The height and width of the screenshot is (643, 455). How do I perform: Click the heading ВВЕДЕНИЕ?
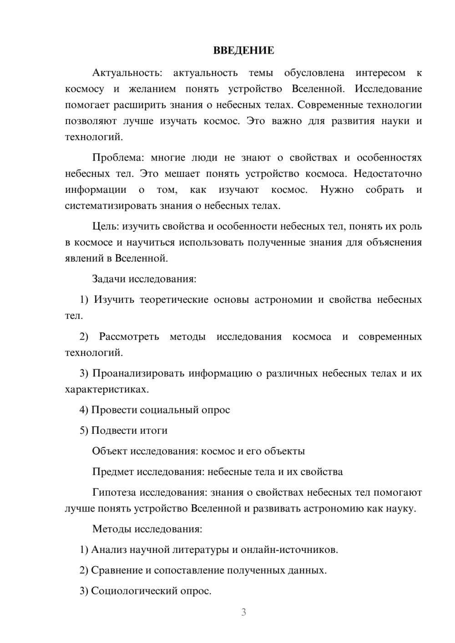243,50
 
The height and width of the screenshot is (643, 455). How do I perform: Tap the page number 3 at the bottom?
243,612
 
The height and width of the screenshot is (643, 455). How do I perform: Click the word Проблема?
117,158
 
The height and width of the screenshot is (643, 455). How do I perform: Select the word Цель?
106,226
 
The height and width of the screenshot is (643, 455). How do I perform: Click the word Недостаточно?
388,174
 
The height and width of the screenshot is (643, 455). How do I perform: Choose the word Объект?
109,451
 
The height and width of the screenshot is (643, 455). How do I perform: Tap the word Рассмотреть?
129,337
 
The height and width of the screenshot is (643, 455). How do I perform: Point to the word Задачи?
109,279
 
